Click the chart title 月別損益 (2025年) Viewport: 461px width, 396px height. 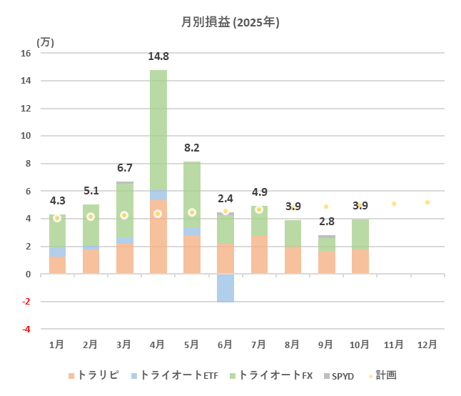click(230, 22)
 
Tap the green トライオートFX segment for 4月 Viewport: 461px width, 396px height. click(158, 129)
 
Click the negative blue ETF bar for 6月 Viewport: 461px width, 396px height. click(226, 288)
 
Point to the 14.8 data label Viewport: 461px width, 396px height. click(158, 56)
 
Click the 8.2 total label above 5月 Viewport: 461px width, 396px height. click(191, 148)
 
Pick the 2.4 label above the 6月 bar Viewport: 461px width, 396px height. click(226, 199)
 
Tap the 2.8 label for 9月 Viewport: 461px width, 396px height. click(326, 221)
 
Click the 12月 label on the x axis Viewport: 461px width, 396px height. click(427, 345)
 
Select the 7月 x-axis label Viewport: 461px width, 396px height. click(259, 345)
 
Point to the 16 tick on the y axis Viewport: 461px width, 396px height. click(26, 54)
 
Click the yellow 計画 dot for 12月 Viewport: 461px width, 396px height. click(427, 202)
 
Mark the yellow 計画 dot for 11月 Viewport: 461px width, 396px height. click(393, 204)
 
